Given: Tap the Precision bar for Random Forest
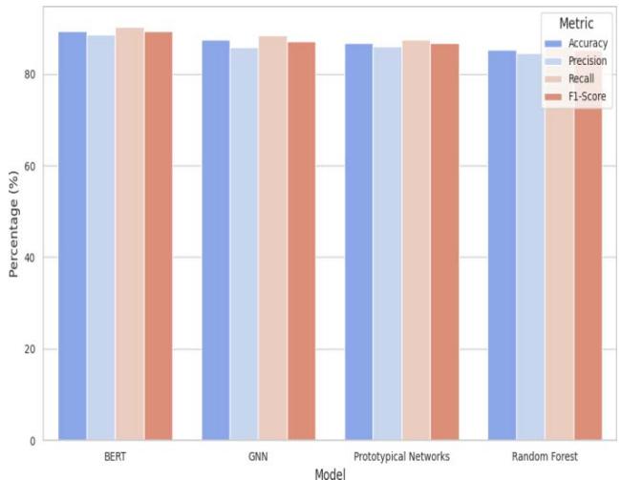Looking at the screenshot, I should coord(529,247).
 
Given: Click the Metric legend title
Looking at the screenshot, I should coord(577,23).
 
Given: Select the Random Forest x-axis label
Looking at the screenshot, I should coord(544,456).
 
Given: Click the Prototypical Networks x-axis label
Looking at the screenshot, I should coord(401,456).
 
